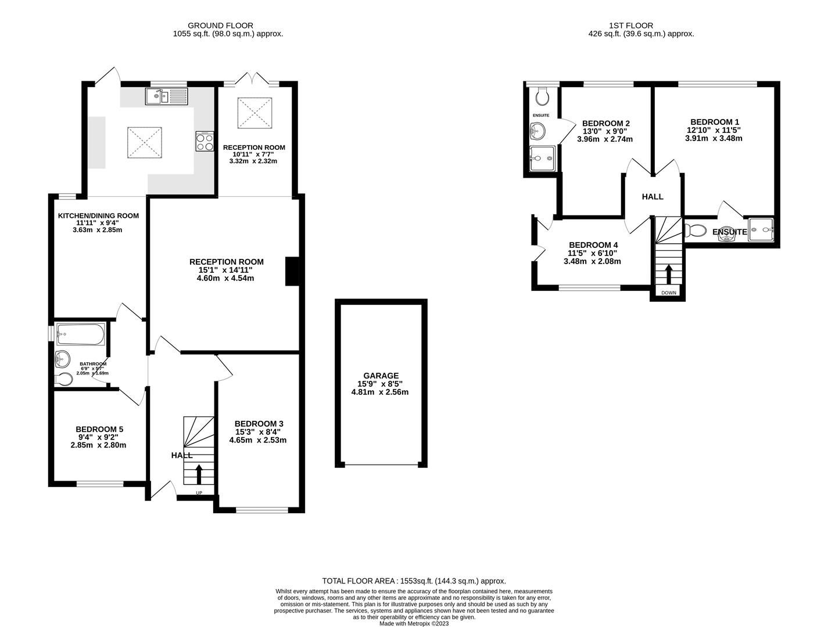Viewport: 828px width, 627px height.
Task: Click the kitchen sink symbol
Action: point(166,96)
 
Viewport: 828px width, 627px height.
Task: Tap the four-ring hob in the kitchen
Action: point(205,142)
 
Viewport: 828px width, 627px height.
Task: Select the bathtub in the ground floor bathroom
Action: point(80,334)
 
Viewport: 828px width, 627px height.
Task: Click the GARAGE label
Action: point(381,376)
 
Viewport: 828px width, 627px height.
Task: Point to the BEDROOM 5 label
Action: point(99,429)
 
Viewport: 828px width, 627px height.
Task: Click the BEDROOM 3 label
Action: point(259,423)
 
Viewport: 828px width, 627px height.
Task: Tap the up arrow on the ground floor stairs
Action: point(199,473)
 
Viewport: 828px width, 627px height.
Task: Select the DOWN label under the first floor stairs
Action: point(668,293)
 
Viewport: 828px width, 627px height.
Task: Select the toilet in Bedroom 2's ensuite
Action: point(543,96)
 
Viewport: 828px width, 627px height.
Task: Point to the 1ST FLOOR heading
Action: point(631,26)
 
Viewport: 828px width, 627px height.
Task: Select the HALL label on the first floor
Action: point(653,197)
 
